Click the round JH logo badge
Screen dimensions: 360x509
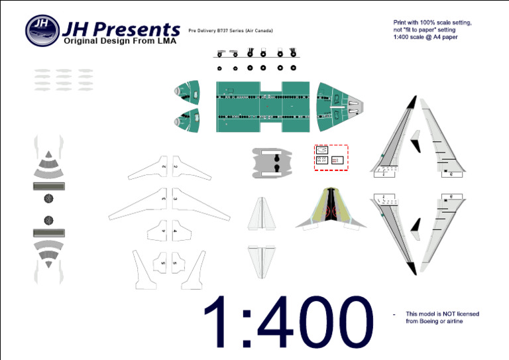coord(42,29)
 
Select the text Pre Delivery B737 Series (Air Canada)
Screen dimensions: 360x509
coord(231,31)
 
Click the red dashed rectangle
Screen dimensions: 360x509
coord(331,157)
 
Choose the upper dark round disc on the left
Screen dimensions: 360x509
coord(48,199)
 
